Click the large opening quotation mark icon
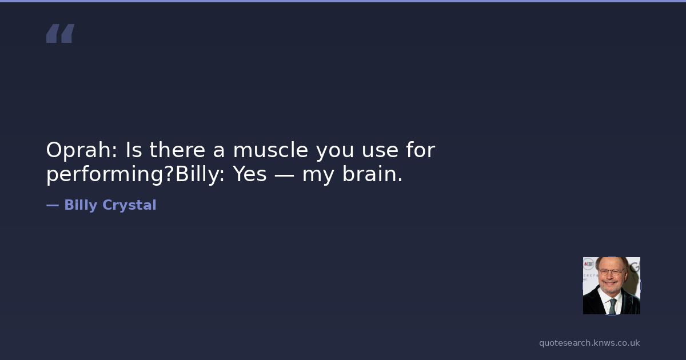pos(61,33)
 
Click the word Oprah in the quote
pos(81,150)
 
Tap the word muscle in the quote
pos(270,150)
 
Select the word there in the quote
pos(177,150)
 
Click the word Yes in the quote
pos(250,174)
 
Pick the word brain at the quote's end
pos(372,174)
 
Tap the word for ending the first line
pos(421,150)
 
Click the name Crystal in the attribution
pos(129,205)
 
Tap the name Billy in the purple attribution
pos(81,205)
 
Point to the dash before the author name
pos(53,206)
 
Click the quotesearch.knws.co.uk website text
pos(589,343)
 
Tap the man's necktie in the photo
pos(612,306)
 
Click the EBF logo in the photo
pos(588,264)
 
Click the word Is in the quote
pos(134,150)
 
